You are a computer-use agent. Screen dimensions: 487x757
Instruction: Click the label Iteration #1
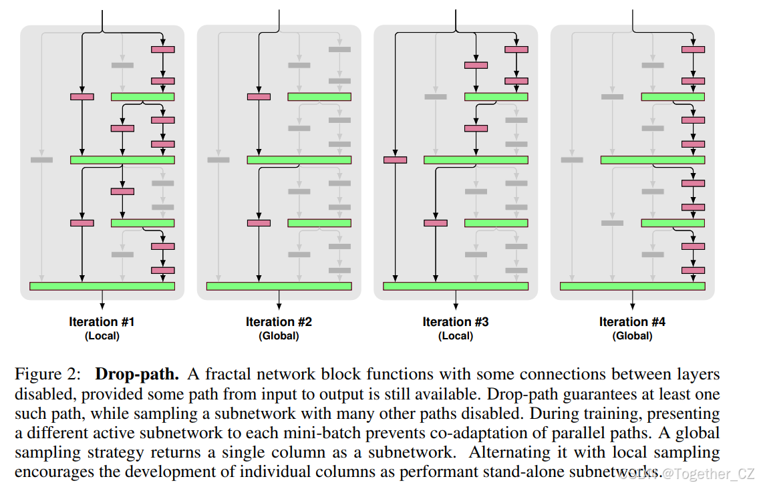click(x=102, y=322)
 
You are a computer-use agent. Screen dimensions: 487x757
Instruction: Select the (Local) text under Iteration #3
click(x=455, y=336)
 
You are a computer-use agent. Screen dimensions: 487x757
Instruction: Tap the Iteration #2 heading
click(x=279, y=322)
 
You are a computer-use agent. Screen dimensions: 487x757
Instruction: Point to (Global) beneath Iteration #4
click(x=632, y=336)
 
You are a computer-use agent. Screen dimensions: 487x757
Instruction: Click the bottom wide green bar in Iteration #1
click(x=102, y=286)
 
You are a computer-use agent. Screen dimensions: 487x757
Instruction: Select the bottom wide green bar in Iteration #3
click(x=455, y=286)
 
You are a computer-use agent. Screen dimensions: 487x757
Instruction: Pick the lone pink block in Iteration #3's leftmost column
click(x=395, y=160)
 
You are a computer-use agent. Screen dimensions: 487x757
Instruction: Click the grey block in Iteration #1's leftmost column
click(x=41, y=160)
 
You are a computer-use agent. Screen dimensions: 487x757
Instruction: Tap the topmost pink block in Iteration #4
click(x=693, y=49)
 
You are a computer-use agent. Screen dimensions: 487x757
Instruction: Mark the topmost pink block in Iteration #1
click(x=163, y=49)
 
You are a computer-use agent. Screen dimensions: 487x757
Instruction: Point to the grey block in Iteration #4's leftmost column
click(x=572, y=160)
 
